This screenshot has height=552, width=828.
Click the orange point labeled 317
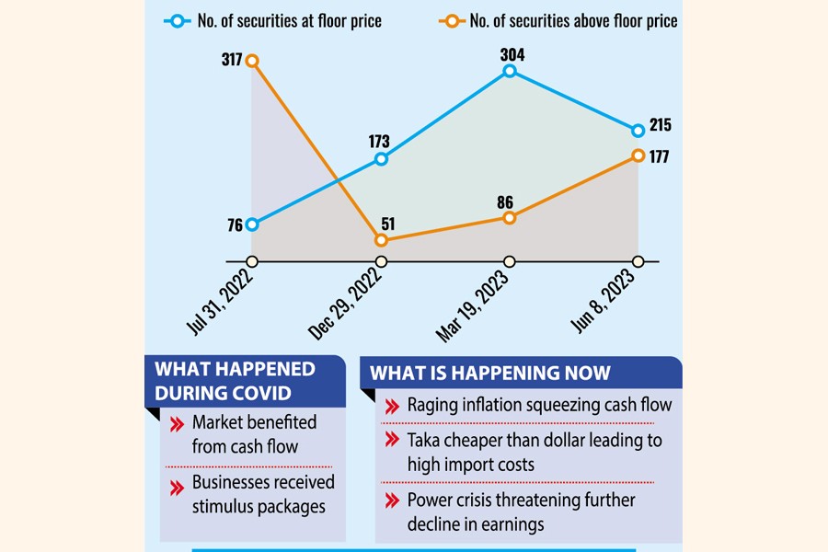[x=252, y=61]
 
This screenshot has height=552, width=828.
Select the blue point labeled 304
[x=510, y=70]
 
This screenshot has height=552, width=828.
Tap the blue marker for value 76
[x=252, y=224]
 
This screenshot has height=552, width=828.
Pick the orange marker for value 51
[x=381, y=240]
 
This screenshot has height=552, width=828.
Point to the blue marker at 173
[x=381, y=159]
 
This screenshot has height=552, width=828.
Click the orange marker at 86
[x=510, y=217]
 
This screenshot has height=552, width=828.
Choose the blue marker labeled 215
[x=638, y=131]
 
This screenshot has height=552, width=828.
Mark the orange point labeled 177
[x=638, y=156]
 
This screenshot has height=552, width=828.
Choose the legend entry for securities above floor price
[x=561, y=20]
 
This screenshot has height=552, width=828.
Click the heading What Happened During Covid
[x=235, y=381]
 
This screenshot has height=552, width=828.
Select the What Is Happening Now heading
[x=489, y=374]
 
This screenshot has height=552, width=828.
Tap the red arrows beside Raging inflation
[x=391, y=405]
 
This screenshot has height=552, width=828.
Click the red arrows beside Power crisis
[x=391, y=500]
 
